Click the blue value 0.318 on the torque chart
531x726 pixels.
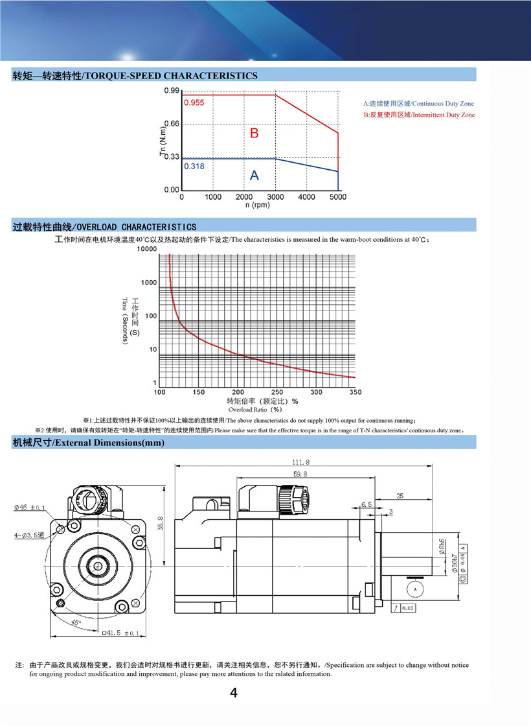(x=194, y=166)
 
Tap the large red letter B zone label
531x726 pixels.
(x=254, y=133)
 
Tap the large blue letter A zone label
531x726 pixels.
(x=254, y=175)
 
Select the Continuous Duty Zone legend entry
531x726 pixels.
(x=418, y=104)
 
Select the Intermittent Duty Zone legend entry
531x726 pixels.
(x=418, y=115)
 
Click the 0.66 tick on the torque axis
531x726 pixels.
(x=172, y=124)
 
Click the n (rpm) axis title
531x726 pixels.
(x=257, y=205)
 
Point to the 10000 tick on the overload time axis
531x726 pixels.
(x=147, y=249)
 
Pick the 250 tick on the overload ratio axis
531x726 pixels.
(x=277, y=392)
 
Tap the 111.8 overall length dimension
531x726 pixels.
(x=302, y=463)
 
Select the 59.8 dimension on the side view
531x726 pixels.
(x=300, y=475)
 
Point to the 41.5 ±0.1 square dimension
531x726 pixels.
(x=120, y=633)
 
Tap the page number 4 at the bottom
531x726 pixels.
(x=234, y=693)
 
